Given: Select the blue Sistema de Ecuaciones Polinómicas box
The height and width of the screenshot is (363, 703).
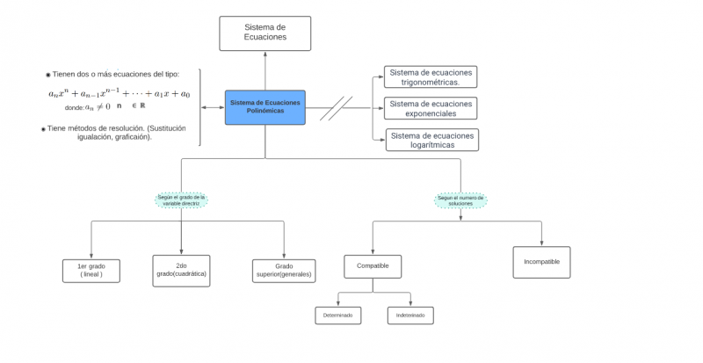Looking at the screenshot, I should (x=265, y=107).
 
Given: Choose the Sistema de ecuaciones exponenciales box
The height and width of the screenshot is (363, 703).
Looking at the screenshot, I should (x=431, y=108).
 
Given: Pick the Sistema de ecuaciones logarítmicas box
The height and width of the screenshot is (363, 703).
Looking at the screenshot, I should (x=431, y=140).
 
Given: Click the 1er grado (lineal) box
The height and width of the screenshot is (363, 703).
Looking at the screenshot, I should (x=91, y=270).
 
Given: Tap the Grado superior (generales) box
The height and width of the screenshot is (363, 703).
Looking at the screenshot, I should (x=284, y=270).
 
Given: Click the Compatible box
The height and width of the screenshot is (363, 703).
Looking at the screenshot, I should (x=373, y=266).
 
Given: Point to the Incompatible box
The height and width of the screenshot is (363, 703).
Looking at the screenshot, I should (x=541, y=262).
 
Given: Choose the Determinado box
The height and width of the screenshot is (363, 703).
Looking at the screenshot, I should (x=337, y=315).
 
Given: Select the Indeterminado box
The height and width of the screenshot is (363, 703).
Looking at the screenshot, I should (x=410, y=315).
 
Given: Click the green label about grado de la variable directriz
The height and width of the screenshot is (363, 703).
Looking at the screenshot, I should (x=181, y=200).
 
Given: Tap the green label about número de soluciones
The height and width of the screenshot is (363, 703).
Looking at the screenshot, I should (x=461, y=200).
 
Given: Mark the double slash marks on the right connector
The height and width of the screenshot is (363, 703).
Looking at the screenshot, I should (x=336, y=108).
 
